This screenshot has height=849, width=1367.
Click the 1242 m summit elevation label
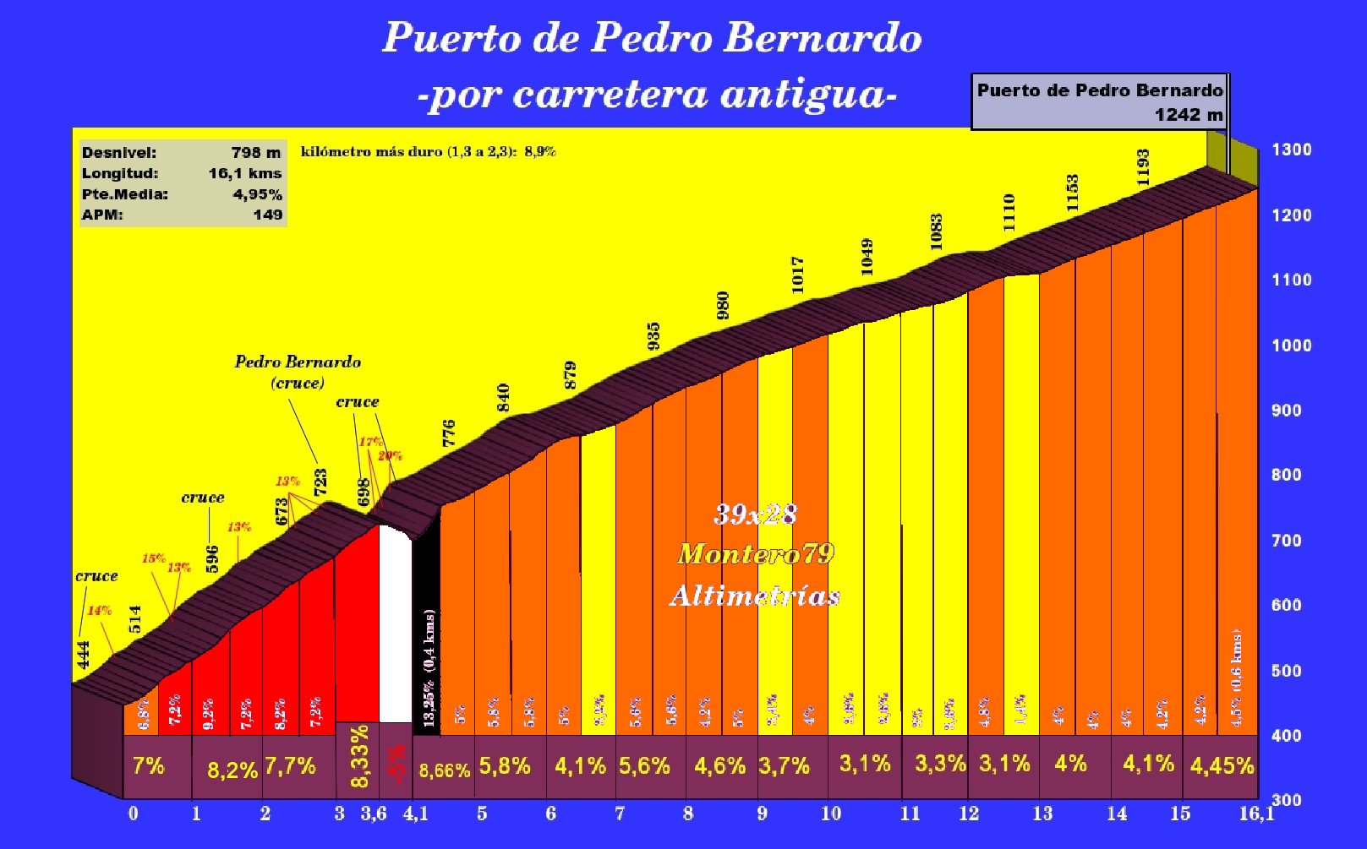[x=1188, y=115]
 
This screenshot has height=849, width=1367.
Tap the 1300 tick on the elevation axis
[x=1291, y=150]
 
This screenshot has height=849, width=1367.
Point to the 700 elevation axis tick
[x=1286, y=541]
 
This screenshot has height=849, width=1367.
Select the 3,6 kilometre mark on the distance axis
[x=373, y=814]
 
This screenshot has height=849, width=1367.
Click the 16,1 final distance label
[x=1256, y=814]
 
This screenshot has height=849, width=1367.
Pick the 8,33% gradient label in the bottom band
[x=359, y=756]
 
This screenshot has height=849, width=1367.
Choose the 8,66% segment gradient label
[x=444, y=770]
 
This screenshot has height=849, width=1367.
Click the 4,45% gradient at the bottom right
[x=1222, y=766]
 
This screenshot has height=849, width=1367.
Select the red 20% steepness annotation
[x=390, y=456]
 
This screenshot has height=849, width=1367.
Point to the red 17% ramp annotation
[x=370, y=442]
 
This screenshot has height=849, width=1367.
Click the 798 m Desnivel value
[x=255, y=153]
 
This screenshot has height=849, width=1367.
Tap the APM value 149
[x=267, y=215]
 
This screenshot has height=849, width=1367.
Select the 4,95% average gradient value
[x=257, y=194]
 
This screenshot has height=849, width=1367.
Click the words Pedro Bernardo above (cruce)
[x=298, y=362]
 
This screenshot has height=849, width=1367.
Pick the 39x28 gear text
[x=755, y=514]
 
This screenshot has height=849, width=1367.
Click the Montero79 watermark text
[x=755, y=554]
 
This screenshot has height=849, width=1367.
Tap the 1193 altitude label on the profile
[x=1143, y=167]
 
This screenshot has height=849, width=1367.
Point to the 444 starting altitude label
[x=83, y=654]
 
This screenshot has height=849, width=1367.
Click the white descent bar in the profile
[x=395, y=625]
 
